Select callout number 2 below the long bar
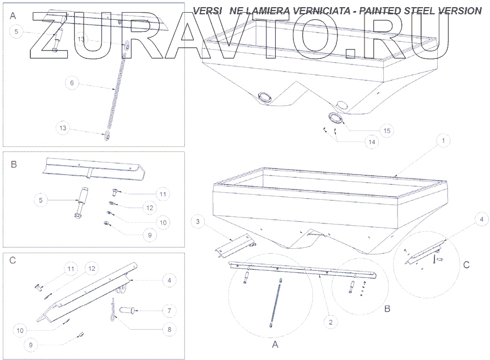coord(330,323)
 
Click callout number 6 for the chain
coord(70,83)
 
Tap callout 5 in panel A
coord(16,32)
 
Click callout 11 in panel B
coord(162,194)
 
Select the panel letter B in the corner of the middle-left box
coord(14,164)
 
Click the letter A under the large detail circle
coord(275,345)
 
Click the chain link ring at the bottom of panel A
coord(107,136)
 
